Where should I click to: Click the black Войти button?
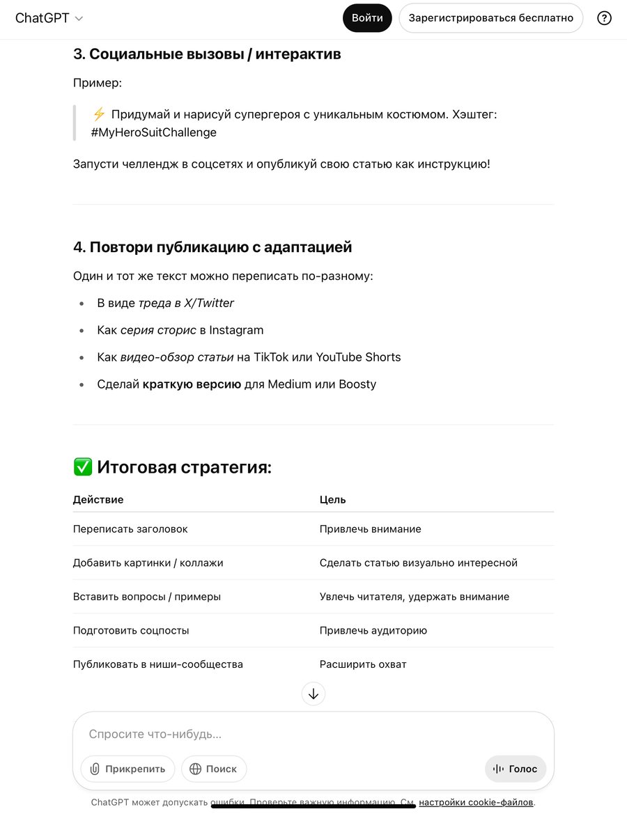coord(367,18)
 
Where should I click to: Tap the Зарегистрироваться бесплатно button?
coord(490,18)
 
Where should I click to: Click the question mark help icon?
coord(604,18)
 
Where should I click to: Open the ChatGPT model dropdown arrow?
coord(79,19)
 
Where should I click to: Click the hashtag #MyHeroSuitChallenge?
coord(153,132)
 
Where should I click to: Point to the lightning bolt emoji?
coord(99,114)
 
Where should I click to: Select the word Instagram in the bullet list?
coord(236,330)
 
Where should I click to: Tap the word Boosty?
coord(357,384)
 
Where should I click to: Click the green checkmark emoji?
coord(82,467)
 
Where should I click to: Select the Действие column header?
coord(98,499)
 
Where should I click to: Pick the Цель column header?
coord(333,499)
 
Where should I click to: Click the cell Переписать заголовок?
coord(130,529)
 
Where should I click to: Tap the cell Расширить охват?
coord(363,664)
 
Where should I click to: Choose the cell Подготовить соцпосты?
coord(131,631)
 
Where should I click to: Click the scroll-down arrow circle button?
coord(313,694)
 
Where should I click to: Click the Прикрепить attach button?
coord(127,769)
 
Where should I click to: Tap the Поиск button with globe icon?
coord(214,769)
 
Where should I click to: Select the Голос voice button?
coord(516,769)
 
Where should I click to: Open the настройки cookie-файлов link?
coord(476,803)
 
